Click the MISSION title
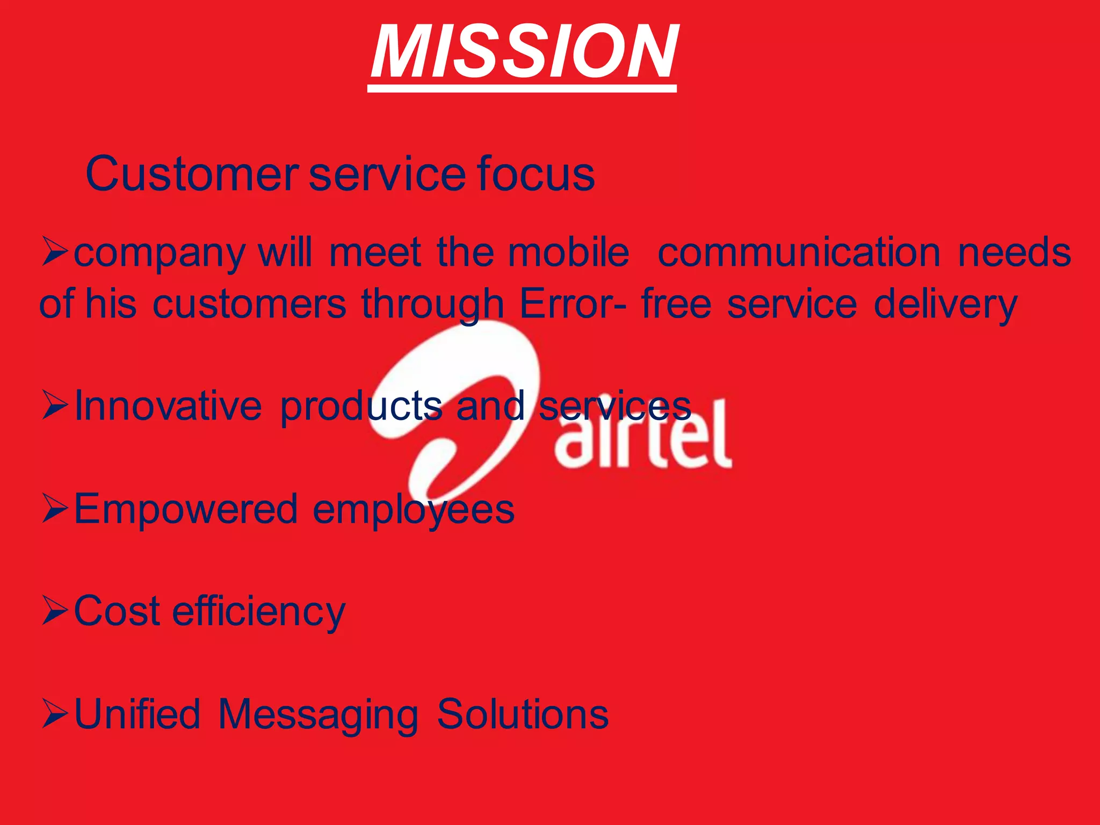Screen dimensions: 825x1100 [524, 53]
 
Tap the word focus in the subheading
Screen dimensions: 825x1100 [535, 174]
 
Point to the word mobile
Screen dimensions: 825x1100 [568, 252]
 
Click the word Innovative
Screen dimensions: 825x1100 [168, 406]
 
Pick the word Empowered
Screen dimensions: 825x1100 [185, 509]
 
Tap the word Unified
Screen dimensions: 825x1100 [137, 714]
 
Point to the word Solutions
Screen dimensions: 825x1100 [522, 714]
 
